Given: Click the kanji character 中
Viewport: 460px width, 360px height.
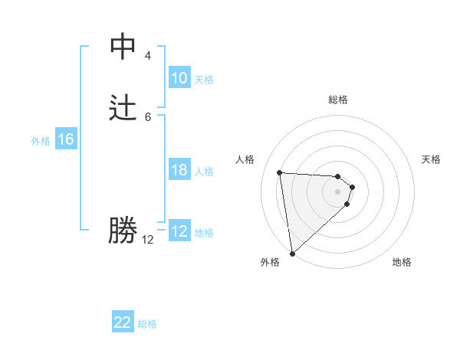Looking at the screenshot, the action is (123, 47).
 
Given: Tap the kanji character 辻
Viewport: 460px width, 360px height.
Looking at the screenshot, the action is (123, 108).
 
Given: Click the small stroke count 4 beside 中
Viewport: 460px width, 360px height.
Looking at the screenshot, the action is (148, 56).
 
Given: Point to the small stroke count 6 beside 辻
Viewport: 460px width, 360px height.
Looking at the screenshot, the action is (148, 116).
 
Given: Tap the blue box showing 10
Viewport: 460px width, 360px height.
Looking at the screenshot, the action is (179, 78).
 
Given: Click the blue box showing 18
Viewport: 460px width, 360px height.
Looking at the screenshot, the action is (179, 170).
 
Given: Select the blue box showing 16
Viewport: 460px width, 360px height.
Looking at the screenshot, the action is (66, 139).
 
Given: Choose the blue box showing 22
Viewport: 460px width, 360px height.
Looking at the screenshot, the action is (123, 322).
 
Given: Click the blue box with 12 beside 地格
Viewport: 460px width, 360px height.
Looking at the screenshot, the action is (179, 231).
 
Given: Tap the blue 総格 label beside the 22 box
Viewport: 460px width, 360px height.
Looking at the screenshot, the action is (147, 324).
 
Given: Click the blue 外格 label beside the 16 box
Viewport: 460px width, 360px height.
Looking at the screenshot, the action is (41, 141).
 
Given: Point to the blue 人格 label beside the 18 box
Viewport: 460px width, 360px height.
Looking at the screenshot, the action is (205, 172).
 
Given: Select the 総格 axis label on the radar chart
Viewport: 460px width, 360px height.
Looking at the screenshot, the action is (338, 100).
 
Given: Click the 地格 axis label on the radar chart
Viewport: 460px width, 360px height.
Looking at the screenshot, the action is (402, 263).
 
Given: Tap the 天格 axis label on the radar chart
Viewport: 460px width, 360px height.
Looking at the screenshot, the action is (432, 159).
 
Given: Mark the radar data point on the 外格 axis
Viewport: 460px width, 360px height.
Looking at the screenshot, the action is (292, 253).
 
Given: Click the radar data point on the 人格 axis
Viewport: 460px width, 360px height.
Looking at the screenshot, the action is (280, 172).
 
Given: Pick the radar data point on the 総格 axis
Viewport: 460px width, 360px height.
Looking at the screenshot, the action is (338, 175).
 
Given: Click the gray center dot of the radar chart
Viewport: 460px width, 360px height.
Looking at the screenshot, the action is (338, 191).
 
